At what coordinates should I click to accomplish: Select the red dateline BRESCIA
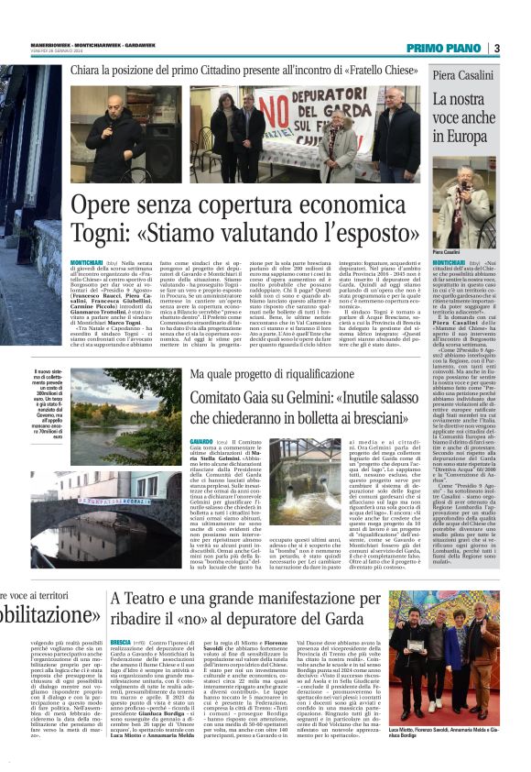(x=120, y=607)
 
